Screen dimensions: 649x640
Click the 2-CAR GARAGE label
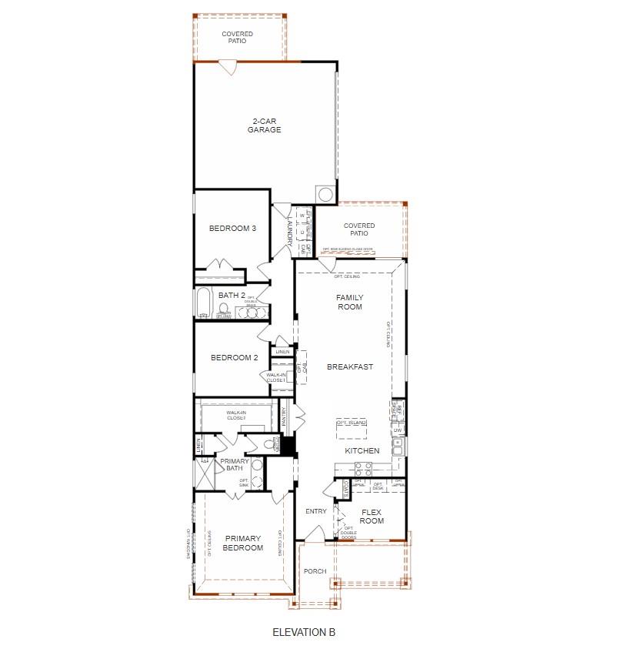(x=264, y=125)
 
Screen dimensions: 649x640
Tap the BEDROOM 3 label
(x=232, y=229)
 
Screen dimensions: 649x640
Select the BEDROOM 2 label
(x=233, y=358)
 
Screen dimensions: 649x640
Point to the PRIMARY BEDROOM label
(x=243, y=544)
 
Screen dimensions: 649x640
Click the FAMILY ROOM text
(x=349, y=302)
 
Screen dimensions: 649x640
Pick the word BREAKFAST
(x=349, y=367)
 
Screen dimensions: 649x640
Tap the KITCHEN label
(x=362, y=450)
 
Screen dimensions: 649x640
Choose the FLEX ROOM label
(x=372, y=516)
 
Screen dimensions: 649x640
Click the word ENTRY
(x=316, y=511)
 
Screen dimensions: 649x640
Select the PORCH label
(x=315, y=571)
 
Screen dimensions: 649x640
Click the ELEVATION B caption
(x=304, y=632)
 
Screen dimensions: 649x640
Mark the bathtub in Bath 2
(x=203, y=303)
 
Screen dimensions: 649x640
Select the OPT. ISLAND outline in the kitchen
(x=352, y=424)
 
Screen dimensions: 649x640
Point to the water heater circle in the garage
(x=325, y=193)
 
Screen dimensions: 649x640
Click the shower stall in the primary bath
(x=205, y=473)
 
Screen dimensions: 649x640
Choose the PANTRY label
(x=284, y=416)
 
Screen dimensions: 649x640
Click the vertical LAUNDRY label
(x=289, y=229)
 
